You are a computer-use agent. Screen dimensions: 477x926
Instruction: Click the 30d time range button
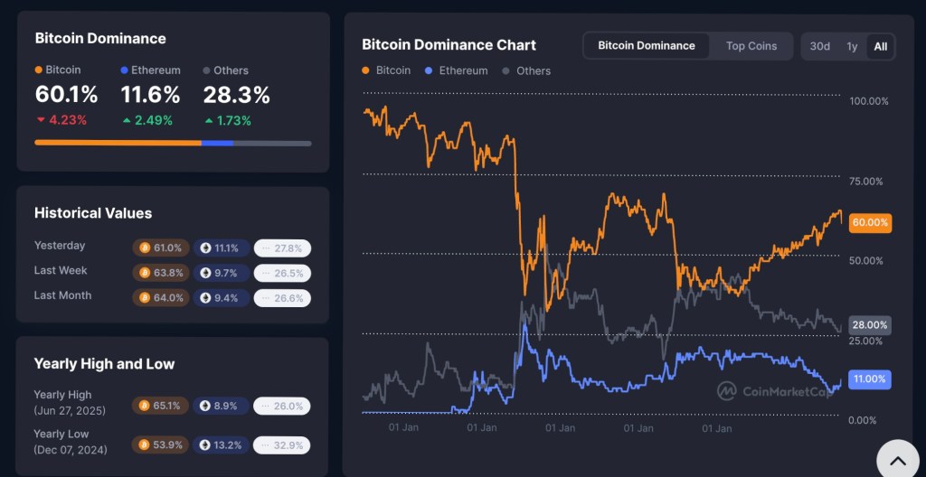coord(819,46)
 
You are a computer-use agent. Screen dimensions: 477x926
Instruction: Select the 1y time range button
coord(852,46)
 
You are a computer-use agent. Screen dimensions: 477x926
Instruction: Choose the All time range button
coord(880,46)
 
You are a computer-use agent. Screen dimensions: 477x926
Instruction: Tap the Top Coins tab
coord(751,46)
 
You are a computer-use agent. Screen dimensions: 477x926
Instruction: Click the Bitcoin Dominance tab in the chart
coord(647,46)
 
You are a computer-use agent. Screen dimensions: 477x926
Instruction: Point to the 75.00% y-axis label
coord(869,182)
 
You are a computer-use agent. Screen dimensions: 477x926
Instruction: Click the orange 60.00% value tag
coord(870,222)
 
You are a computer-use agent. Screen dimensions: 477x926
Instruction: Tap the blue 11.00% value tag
coord(870,379)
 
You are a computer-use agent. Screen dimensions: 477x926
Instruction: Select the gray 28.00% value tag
coord(870,325)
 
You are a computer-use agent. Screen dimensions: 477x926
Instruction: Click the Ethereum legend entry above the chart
coord(457,70)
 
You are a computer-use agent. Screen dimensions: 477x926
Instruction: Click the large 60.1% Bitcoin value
coord(66,95)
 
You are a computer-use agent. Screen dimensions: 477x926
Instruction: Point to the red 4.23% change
coord(61,120)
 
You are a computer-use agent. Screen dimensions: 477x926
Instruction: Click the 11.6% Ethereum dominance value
coord(150,95)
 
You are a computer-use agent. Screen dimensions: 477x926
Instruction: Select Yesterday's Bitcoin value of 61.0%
coord(161,248)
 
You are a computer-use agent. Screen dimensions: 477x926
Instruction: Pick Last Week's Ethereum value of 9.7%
coord(221,273)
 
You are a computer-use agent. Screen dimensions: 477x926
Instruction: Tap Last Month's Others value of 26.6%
coord(282,298)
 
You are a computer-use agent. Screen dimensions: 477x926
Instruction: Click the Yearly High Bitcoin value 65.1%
coord(161,407)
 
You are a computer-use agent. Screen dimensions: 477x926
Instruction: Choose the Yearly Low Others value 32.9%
coord(282,444)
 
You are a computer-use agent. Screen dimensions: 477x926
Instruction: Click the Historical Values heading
coord(93,213)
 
